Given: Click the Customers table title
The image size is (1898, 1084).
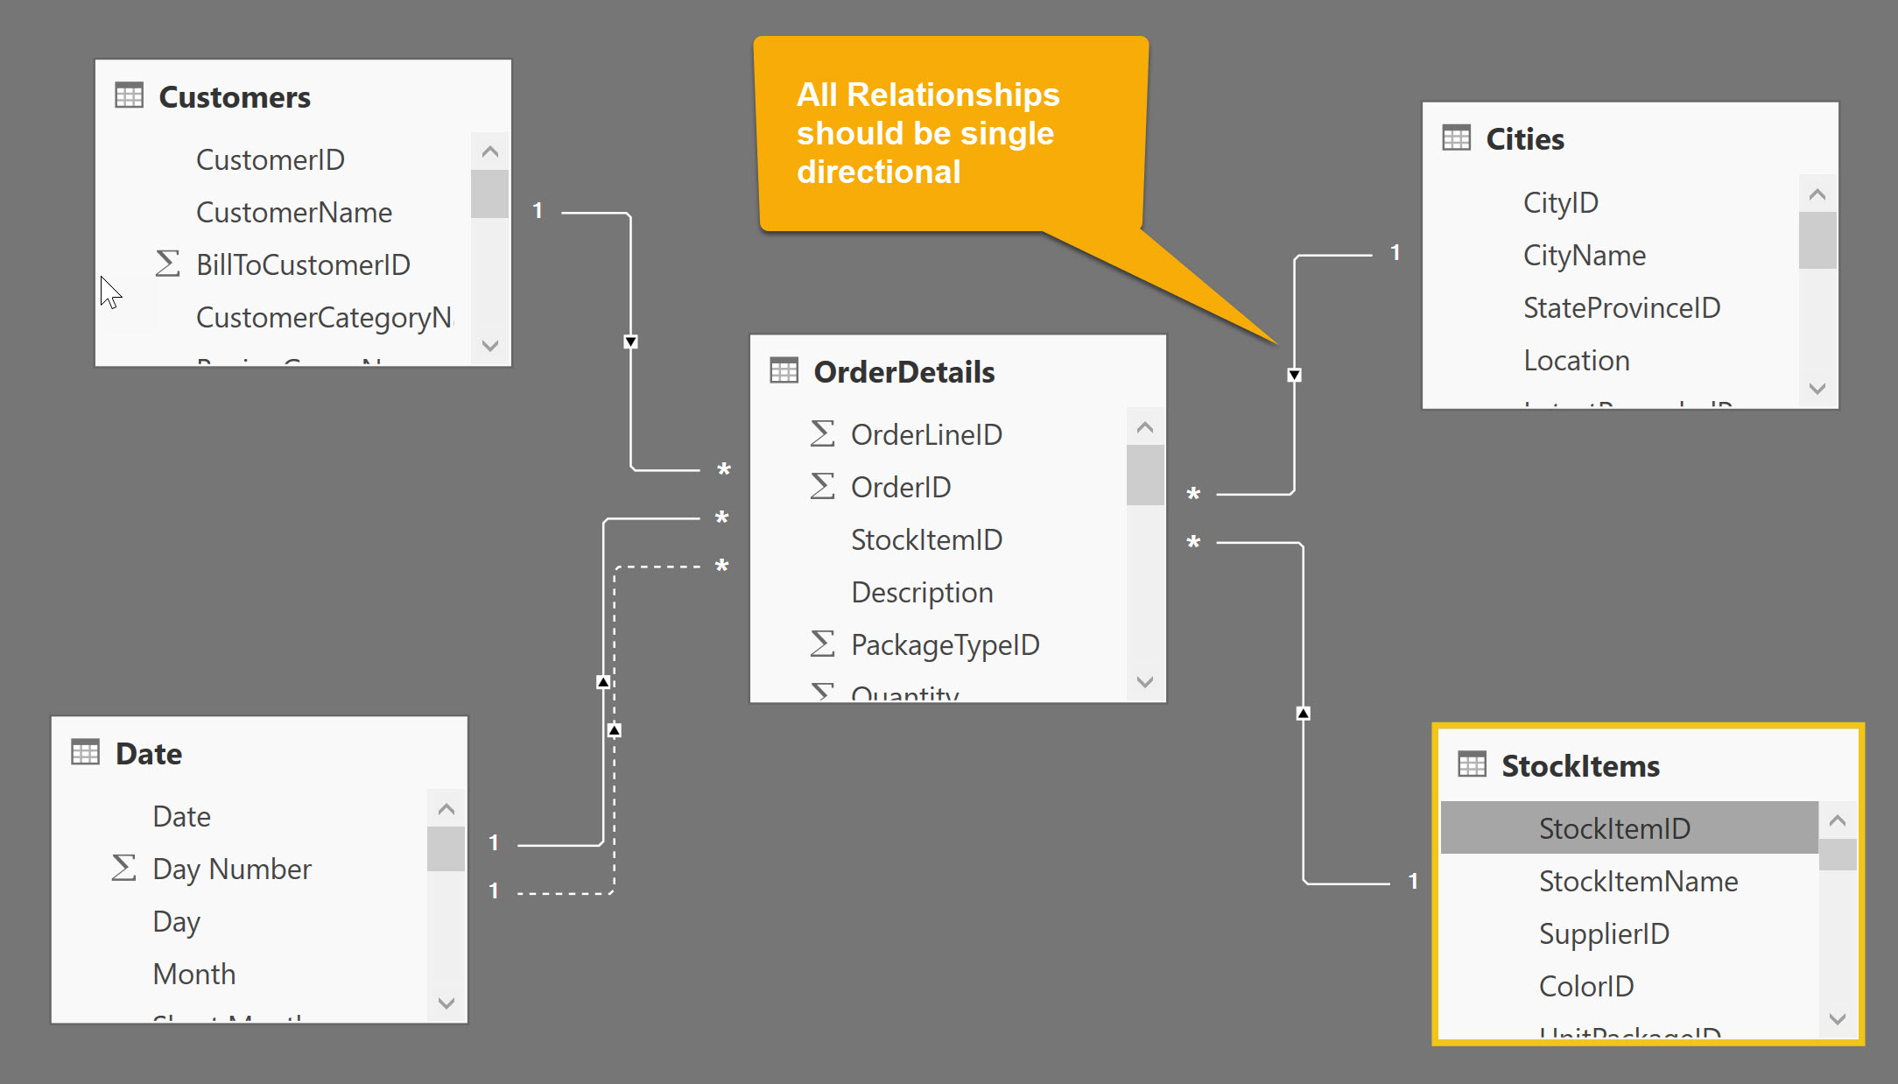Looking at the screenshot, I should click(x=234, y=97).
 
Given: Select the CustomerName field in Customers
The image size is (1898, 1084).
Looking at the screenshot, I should click(x=293, y=213).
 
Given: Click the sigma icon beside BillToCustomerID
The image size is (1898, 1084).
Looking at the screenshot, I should click(x=167, y=264).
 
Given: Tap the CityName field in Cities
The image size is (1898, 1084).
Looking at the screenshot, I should click(x=1584, y=256).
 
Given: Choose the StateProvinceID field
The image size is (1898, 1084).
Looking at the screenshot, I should click(x=1621, y=308).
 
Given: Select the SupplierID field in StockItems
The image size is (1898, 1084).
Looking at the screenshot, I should click(x=1603, y=933).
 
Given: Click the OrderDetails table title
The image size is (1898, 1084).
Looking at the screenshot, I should click(x=903, y=372).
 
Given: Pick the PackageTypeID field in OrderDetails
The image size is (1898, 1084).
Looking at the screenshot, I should click(x=945, y=645).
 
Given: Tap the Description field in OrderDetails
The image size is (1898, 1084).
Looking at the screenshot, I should click(x=921, y=593).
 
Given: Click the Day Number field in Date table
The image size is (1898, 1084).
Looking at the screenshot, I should click(x=231, y=869).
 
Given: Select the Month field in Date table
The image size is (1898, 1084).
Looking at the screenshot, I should click(x=193, y=975).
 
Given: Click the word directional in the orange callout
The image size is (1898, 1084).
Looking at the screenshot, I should click(x=878, y=172).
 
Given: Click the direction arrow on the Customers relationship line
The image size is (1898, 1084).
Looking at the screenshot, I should click(x=630, y=341).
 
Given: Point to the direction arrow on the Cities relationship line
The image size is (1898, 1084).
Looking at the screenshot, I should click(x=1294, y=375).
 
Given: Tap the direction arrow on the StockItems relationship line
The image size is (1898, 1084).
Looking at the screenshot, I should click(x=1303, y=713).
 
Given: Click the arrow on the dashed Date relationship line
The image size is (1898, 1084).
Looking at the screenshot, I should click(x=615, y=729).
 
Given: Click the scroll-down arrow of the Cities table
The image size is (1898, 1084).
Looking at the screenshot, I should click(x=1817, y=388).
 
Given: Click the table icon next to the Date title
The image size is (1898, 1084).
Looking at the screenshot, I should click(x=86, y=753).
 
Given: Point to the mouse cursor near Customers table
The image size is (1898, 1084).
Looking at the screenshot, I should click(x=109, y=291).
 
